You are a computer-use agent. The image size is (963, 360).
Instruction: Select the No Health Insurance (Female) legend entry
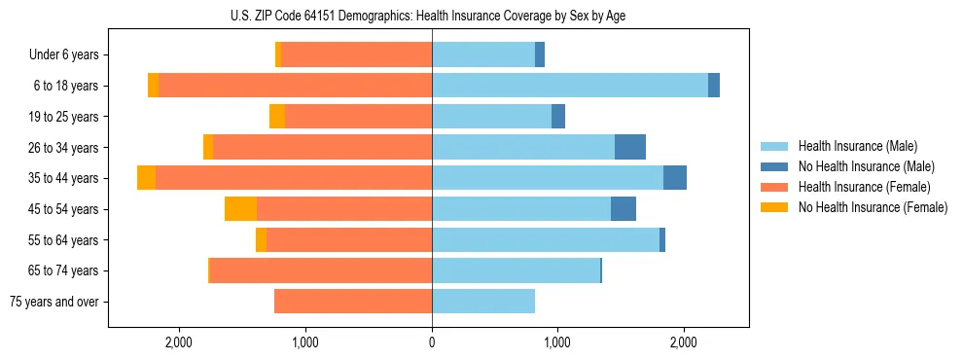pos(872,207)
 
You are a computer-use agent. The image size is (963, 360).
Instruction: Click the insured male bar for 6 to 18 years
pos(569,86)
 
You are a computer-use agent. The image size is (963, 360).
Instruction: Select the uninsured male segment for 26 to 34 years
pos(630,147)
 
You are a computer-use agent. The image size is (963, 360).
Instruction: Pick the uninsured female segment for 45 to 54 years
pos(240,209)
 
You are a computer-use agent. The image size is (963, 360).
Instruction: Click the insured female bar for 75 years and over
pos(353,302)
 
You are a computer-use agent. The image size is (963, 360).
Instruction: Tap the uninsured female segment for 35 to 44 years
pos(146,178)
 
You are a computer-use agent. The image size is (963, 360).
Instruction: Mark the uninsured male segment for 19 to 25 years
pos(558,117)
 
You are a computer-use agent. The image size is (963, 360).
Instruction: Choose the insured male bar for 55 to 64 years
pos(545,240)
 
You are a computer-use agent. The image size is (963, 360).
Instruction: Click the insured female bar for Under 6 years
pos(357,55)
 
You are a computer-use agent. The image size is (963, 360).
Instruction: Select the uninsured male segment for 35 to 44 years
pos(675,178)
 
